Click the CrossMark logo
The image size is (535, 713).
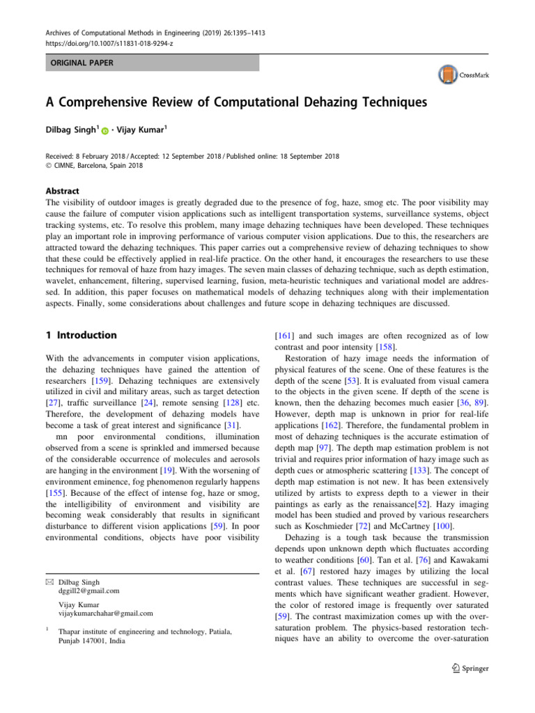(462, 75)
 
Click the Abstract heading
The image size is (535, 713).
(61, 190)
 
